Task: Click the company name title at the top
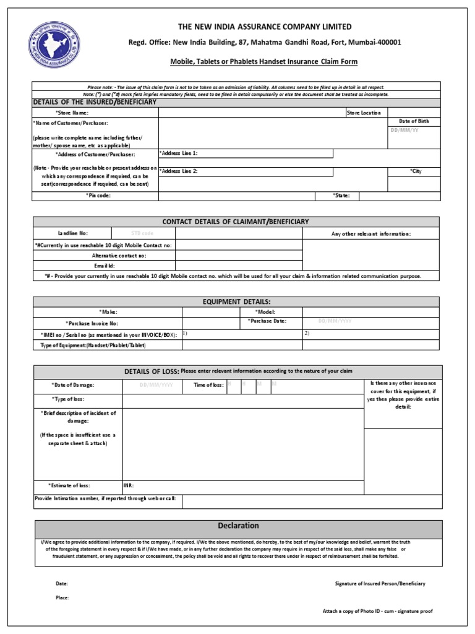pos(265,27)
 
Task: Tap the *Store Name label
pos(72,113)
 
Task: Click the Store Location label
pos(364,113)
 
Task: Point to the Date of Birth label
pos(414,121)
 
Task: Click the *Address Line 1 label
pos(179,153)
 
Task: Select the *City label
pos(415,171)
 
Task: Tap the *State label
pos(342,196)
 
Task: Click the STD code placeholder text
pos(143,233)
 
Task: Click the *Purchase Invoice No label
pos(92,323)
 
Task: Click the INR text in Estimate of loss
pos(129,486)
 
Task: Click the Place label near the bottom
pos(62,597)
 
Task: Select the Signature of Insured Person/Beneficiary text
pos(380,584)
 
